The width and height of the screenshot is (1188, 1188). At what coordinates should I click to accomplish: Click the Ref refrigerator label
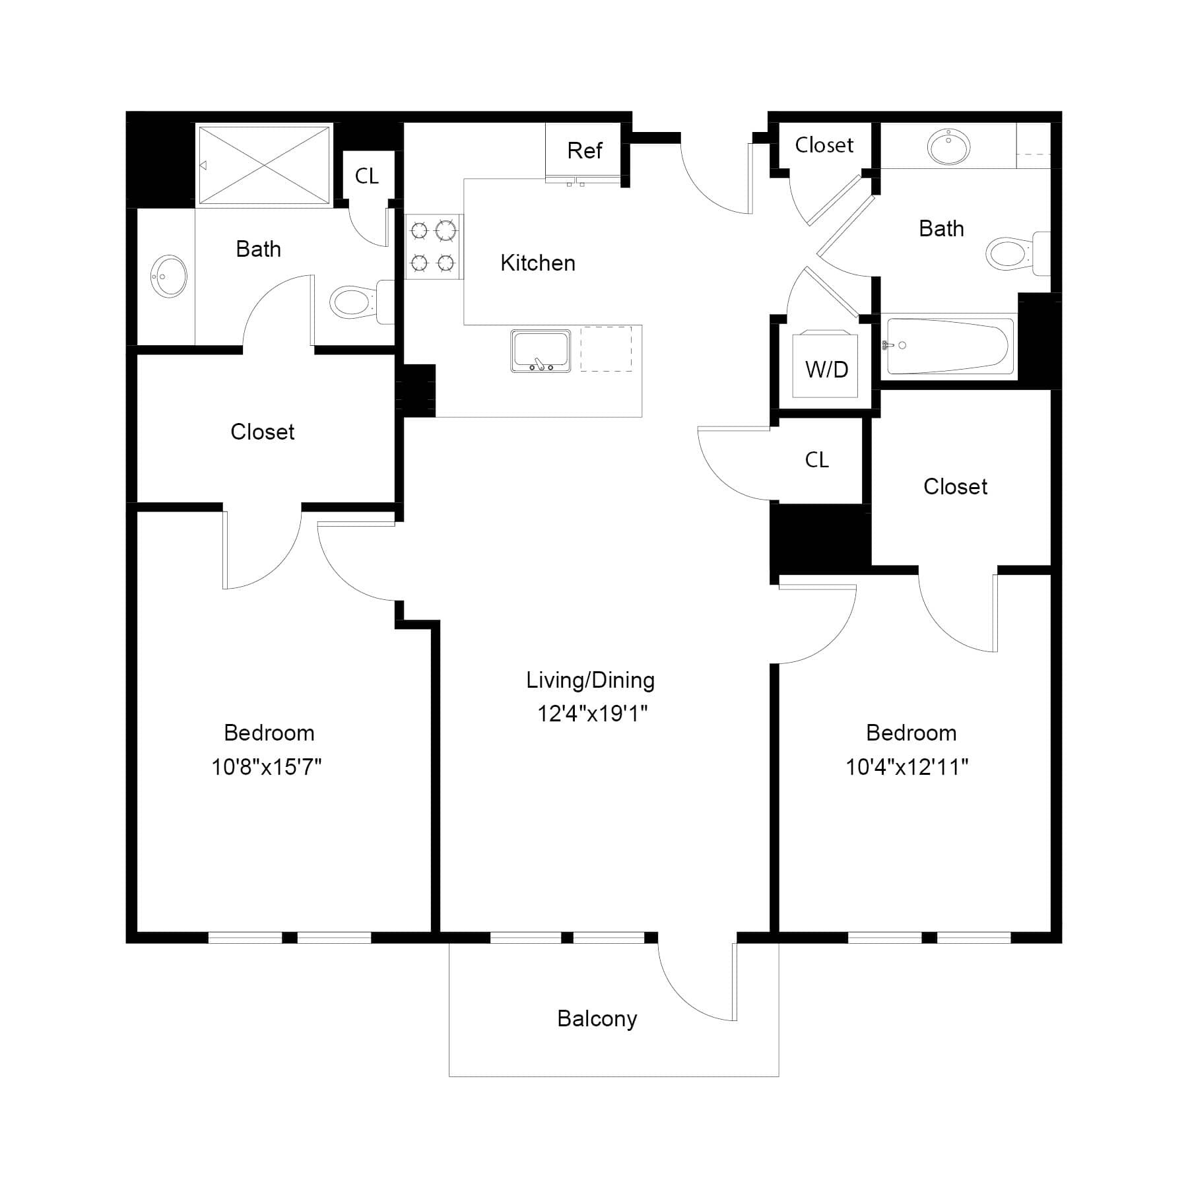point(585,150)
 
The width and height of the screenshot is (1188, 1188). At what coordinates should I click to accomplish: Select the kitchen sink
point(541,351)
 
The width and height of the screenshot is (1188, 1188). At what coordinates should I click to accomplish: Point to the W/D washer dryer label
point(826,369)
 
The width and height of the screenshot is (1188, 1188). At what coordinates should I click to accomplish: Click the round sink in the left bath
point(169,277)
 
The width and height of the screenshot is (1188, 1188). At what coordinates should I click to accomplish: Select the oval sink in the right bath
point(948,146)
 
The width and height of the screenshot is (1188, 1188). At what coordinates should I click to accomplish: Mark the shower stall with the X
point(264,166)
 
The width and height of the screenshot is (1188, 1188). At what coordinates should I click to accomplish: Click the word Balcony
point(597,1019)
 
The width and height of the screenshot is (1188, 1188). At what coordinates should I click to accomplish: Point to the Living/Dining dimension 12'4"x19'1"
point(592,713)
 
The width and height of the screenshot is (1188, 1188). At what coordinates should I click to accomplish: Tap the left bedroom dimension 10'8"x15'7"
point(267,767)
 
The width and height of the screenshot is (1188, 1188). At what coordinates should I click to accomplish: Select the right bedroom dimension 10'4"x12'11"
point(907,767)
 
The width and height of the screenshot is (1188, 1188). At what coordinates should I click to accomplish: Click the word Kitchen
point(538,263)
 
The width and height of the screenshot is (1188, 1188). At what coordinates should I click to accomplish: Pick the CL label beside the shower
point(367,176)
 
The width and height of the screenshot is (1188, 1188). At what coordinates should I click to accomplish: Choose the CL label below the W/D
point(817,460)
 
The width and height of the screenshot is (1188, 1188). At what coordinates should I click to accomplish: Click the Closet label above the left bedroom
point(263,432)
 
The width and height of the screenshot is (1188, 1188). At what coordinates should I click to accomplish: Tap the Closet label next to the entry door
point(824,145)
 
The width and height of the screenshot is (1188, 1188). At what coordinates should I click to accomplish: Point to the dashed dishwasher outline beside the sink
point(606,348)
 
